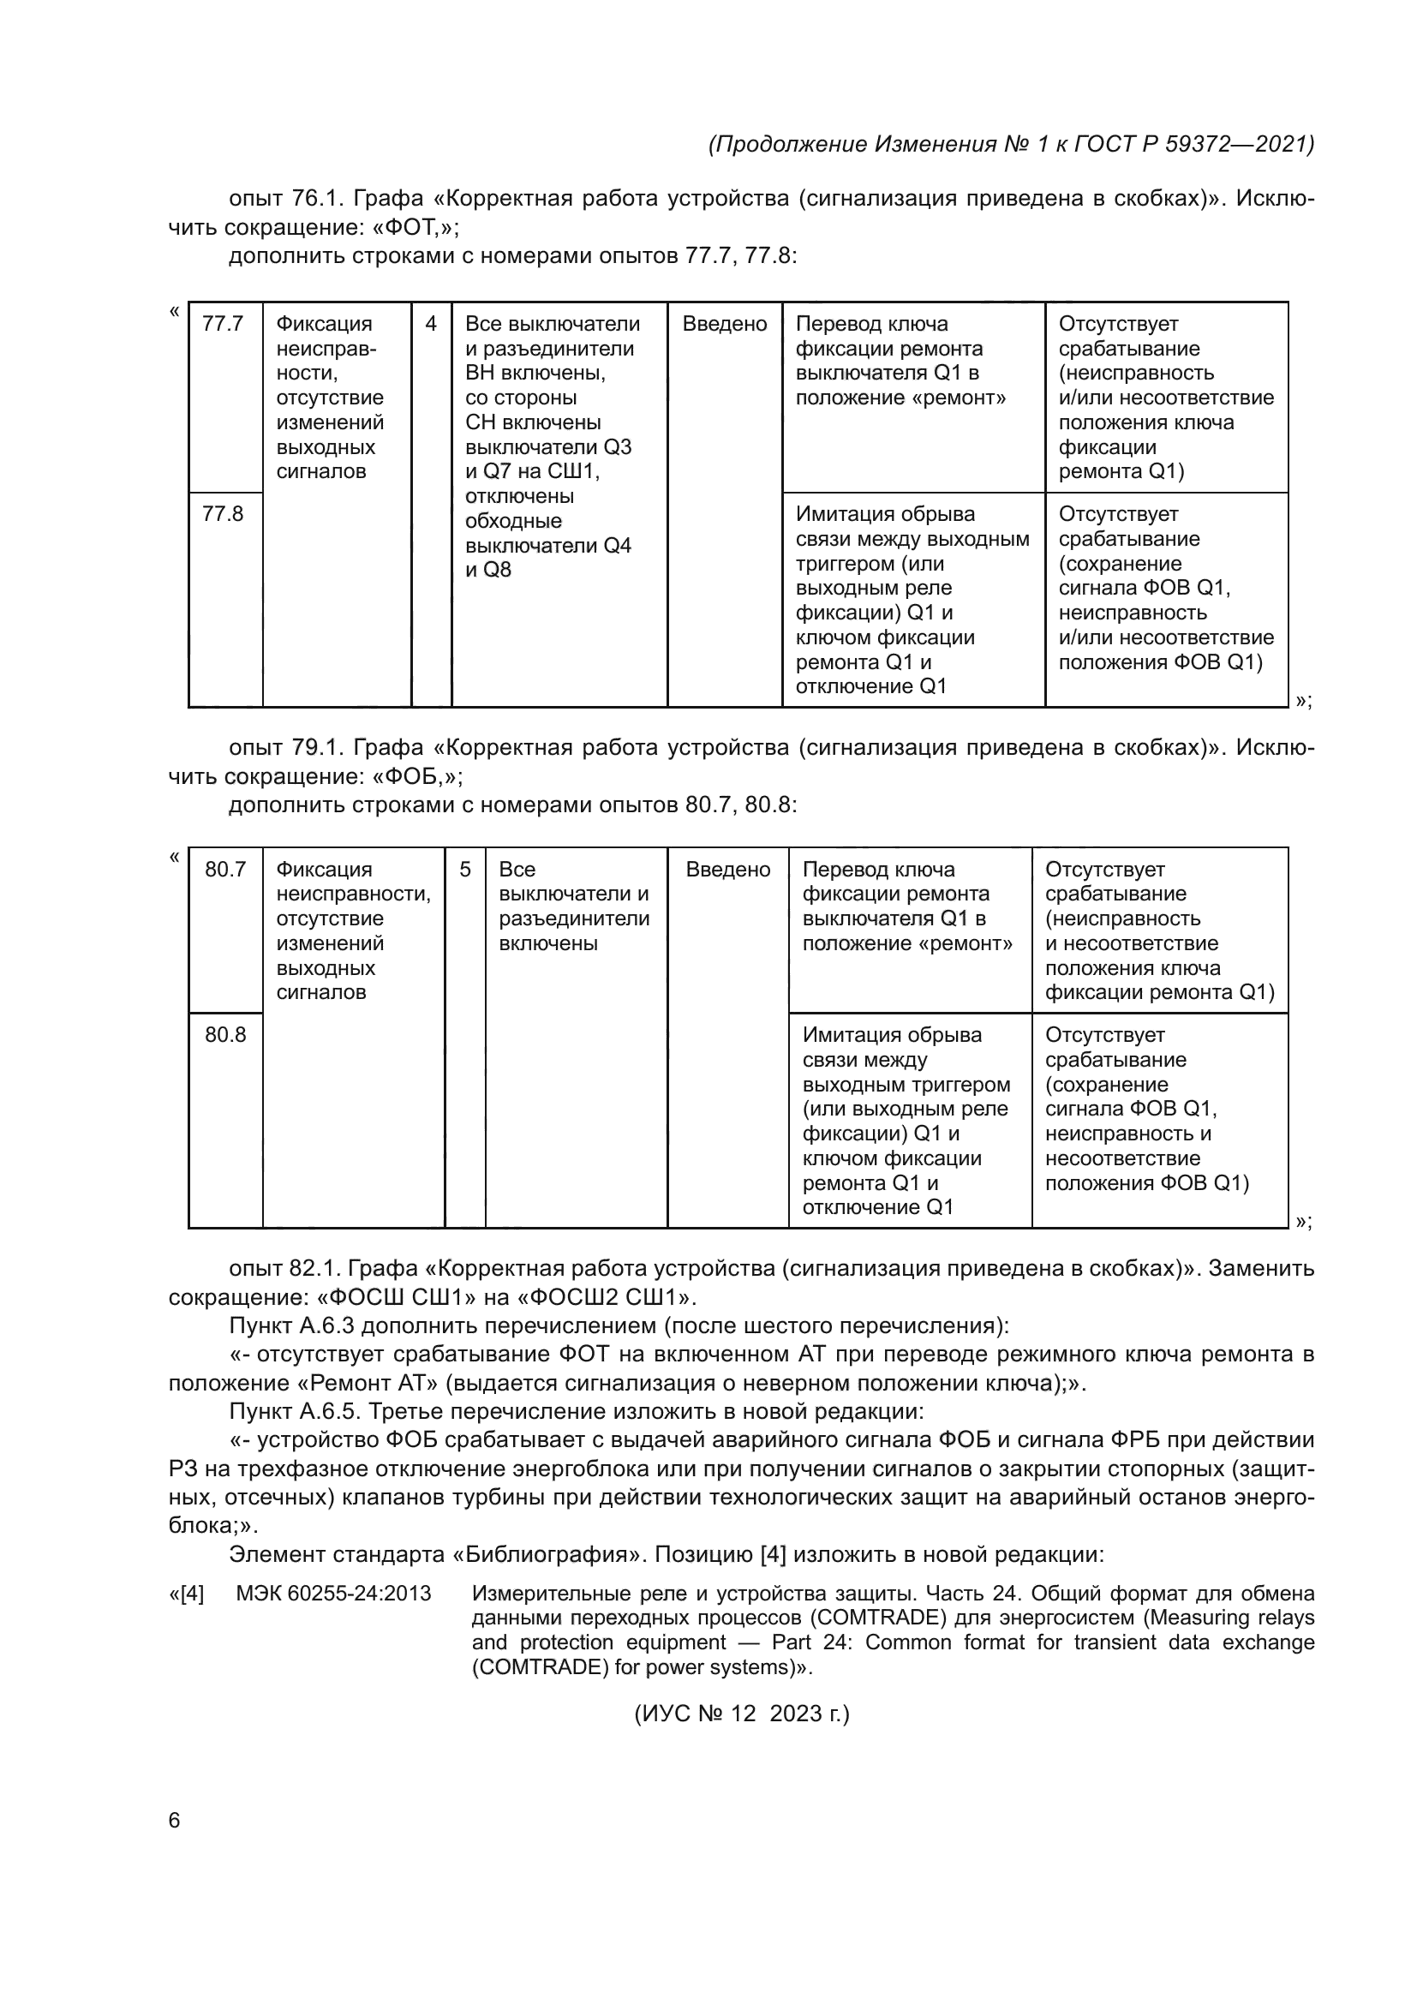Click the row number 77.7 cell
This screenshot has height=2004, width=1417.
[223, 324]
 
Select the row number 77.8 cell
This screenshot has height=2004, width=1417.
[223, 514]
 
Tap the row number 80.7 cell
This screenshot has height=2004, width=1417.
[225, 870]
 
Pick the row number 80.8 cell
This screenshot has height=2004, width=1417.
[225, 1035]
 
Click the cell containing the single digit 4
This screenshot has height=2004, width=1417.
[431, 324]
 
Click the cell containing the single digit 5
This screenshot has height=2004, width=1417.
[465, 870]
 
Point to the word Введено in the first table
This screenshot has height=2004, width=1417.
[724, 324]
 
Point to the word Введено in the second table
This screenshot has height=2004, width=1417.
[727, 870]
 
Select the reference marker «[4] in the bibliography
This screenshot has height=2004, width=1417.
[186, 1594]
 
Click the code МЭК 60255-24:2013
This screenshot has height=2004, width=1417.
[333, 1594]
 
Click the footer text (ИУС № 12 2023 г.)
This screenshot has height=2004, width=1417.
[742, 1714]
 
